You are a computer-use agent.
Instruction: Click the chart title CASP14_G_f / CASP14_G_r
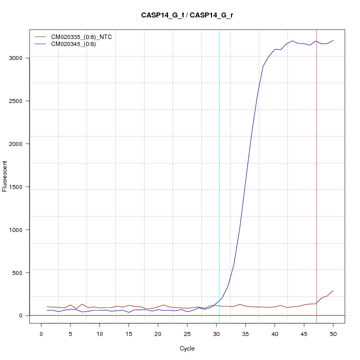(x=187, y=15)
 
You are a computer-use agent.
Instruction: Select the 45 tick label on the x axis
(x=304, y=333)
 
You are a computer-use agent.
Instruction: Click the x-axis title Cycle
(x=187, y=348)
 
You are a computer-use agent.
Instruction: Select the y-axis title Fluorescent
(x=5, y=176)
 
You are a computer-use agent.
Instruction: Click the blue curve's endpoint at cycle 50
(x=333, y=40)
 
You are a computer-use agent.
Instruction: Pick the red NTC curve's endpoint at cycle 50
(x=333, y=290)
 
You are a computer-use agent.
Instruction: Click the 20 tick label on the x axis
(x=158, y=333)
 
